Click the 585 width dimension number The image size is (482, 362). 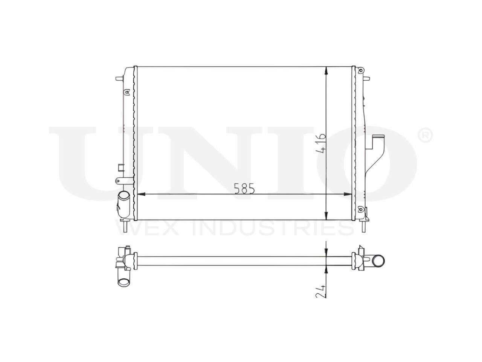tap(244, 189)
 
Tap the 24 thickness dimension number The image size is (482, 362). tap(320, 291)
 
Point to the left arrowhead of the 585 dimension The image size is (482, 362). tap(141, 194)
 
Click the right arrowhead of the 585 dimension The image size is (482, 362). tap(348, 194)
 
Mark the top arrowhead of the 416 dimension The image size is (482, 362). tap(326, 71)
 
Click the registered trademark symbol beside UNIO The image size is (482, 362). tap(426, 136)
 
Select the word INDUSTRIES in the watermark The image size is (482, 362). tap(273, 229)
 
